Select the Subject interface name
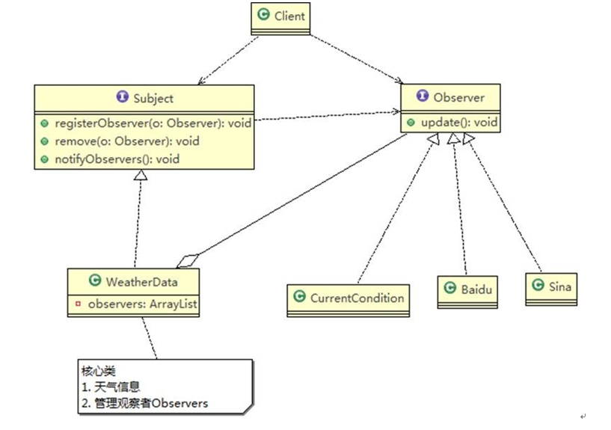point(153,98)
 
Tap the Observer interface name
point(458,97)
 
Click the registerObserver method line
point(149,123)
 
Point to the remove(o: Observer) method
point(127,141)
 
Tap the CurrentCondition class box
point(349,298)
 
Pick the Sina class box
point(553,286)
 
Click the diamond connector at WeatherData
point(187,260)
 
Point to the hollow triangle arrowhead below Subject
point(140,175)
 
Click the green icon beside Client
point(262,15)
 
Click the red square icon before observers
point(77,304)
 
